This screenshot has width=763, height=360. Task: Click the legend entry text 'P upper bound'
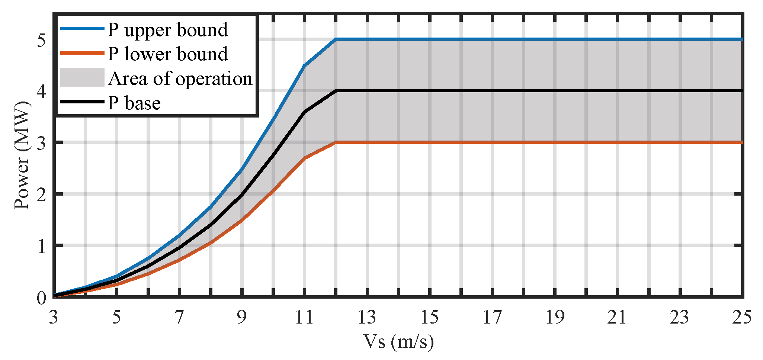pos(167,30)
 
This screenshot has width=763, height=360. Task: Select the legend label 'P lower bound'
pos(167,54)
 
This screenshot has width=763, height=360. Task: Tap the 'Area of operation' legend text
pos(180,78)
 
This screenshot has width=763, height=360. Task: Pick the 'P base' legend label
pos(134,103)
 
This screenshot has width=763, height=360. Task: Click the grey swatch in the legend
pos(82,77)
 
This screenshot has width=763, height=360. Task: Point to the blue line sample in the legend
pos(82,28)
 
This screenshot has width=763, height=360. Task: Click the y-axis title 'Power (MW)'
pos(22,155)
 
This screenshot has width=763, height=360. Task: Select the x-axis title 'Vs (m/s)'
pos(398,341)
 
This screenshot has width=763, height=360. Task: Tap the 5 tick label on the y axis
pos(41,40)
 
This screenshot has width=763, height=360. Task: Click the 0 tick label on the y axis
pos(41,298)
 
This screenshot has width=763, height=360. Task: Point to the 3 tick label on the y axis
pos(41,143)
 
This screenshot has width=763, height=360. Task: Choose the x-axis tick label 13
pos(367,317)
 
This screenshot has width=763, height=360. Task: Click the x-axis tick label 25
pos(742,317)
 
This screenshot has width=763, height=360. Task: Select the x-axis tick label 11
pos(304,317)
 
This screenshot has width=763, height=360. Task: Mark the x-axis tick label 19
pos(555,317)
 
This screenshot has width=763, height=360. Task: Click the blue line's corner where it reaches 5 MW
pos(336,39)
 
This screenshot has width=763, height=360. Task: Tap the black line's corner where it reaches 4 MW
pos(336,91)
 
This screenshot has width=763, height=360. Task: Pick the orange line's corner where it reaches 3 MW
pos(336,142)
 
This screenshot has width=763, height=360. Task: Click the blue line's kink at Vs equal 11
pos(305,65)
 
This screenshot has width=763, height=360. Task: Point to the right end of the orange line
pos(742,142)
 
